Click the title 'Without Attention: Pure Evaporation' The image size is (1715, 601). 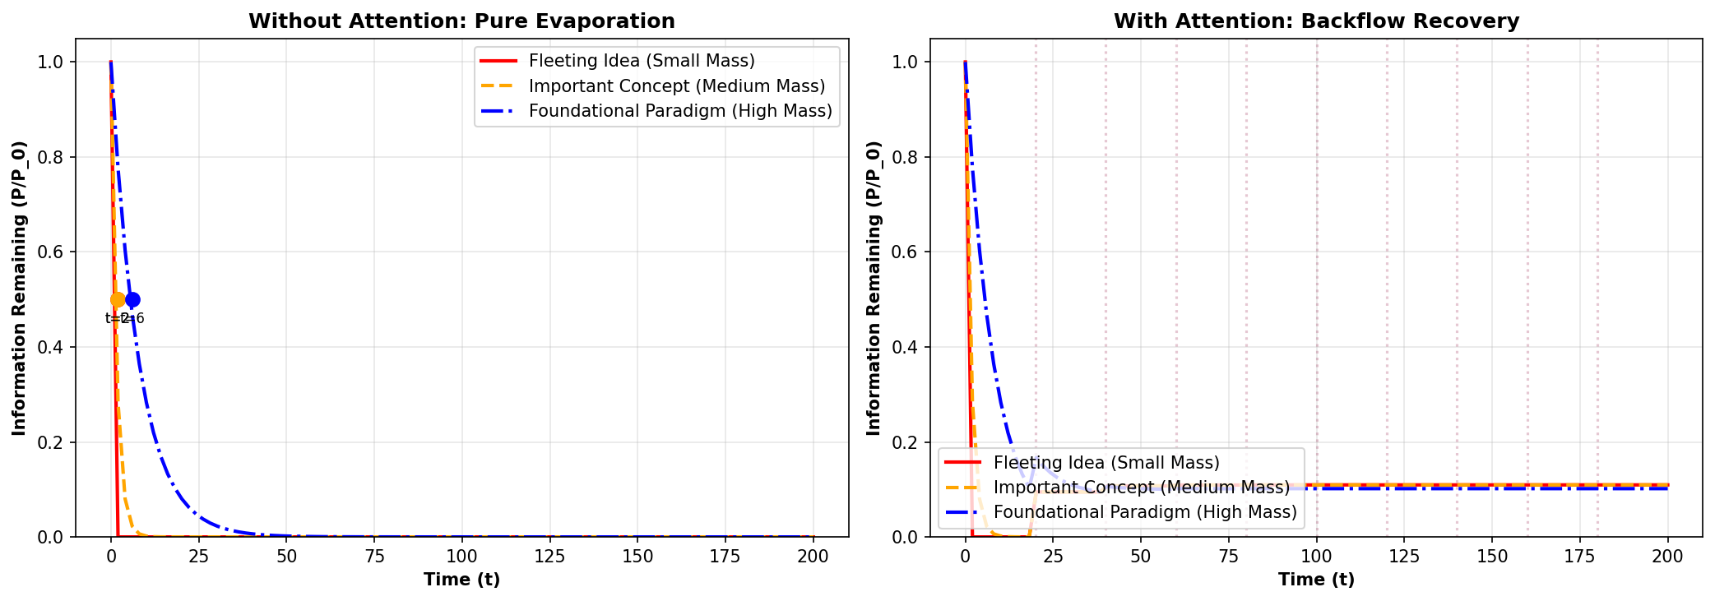461,21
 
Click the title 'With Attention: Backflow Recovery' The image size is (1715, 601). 1316,21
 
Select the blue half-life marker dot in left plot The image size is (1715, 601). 132,299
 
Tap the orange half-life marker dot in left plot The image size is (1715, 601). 118,299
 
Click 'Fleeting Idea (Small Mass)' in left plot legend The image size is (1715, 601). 642,61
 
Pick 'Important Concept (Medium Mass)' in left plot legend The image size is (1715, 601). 676,86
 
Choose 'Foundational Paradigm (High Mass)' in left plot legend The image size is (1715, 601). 680,111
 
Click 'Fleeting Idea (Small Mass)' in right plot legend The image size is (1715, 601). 1106,463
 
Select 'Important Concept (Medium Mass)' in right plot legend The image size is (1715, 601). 1141,488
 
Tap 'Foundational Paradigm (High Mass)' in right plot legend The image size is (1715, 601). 1145,512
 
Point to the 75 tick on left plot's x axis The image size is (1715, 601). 374,557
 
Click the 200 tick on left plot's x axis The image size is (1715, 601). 813,557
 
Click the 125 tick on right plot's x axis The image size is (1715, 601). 1404,557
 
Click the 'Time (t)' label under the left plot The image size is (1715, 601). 461,580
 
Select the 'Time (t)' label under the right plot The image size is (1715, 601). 1316,580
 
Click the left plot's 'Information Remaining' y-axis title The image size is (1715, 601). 20,288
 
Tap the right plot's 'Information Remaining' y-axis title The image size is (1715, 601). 874,288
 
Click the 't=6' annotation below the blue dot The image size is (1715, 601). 134,318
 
